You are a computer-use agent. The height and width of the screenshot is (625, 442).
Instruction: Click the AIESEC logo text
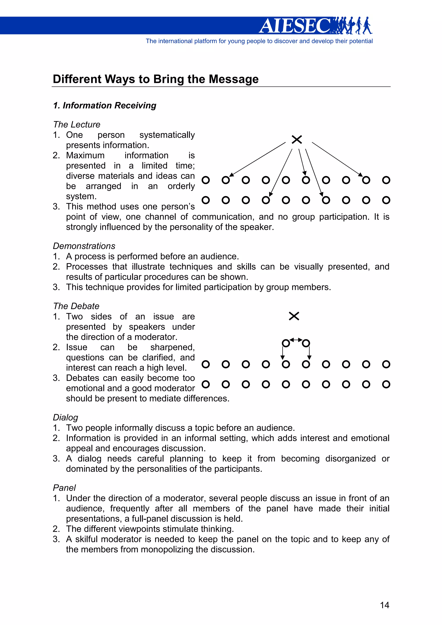click(295, 26)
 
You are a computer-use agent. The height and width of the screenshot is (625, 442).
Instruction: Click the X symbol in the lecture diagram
click(297, 139)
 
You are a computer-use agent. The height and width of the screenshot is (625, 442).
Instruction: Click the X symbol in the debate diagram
click(294, 316)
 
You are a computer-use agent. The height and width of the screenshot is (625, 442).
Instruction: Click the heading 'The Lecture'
click(77, 124)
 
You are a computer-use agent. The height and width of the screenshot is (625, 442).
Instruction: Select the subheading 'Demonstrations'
click(84, 246)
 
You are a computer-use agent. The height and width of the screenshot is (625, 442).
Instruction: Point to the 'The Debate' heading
click(76, 306)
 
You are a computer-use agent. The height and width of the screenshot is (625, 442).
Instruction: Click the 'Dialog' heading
click(65, 417)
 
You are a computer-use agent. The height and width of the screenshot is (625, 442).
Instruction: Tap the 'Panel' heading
click(64, 488)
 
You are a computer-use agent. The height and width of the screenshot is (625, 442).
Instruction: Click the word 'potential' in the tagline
click(361, 41)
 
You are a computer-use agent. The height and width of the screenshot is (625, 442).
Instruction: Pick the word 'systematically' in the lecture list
click(167, 135)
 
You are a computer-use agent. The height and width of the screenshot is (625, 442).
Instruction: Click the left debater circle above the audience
click(286, 343)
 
